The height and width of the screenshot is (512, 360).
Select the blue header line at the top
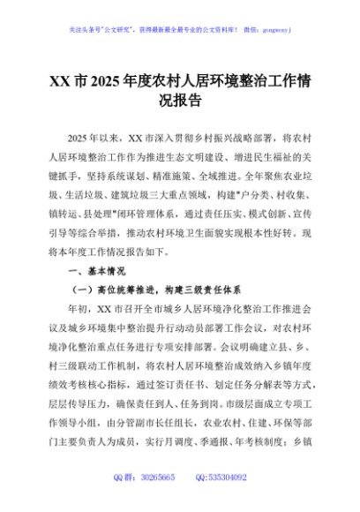click(x=179, y=29)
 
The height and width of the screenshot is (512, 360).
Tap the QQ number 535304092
click(x=227, y=477)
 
